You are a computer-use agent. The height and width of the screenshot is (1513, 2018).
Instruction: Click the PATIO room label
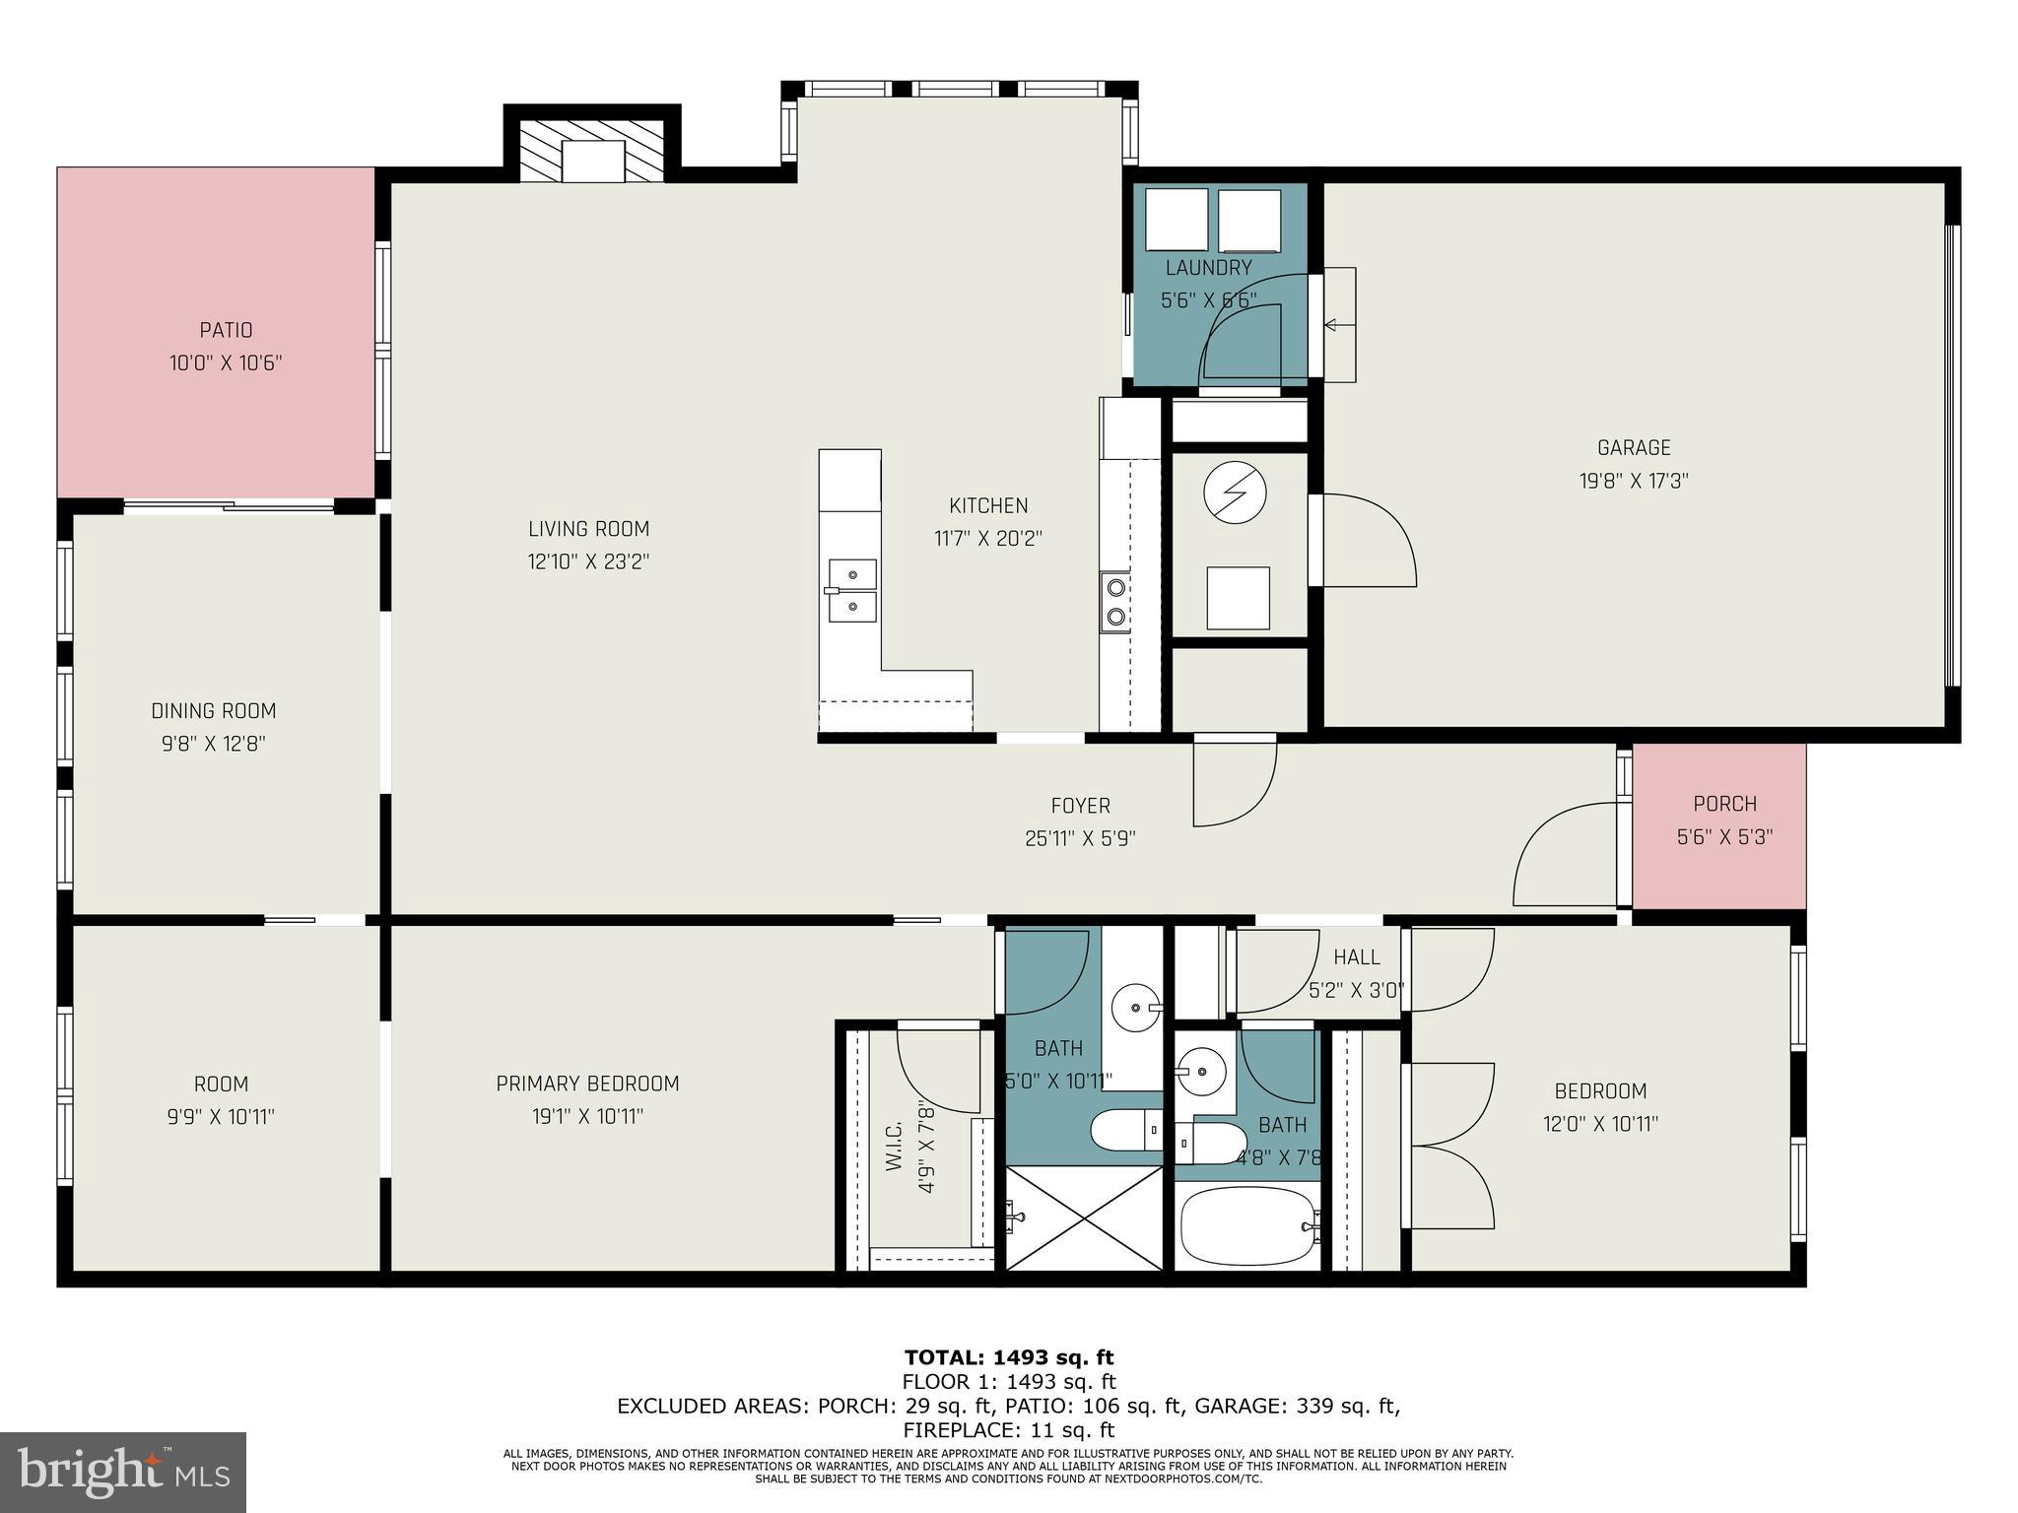226,330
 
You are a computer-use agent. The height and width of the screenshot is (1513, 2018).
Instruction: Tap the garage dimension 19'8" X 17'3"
1633,481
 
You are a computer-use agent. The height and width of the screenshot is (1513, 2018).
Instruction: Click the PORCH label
1724,804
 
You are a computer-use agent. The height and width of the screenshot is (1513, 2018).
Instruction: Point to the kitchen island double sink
852,590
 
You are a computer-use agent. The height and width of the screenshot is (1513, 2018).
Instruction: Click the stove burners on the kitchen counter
1116,602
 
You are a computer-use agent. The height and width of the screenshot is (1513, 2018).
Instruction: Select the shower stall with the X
1084,1218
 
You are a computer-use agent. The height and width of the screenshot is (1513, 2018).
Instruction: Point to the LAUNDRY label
1208,268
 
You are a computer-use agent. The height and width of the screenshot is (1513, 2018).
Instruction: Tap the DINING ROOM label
213,710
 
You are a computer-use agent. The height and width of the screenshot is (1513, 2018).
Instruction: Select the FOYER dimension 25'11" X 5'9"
1080,838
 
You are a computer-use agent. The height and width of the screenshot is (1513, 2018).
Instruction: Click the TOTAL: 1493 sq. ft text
1008,1357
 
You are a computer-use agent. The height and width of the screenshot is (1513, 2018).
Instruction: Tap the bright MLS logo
123,1472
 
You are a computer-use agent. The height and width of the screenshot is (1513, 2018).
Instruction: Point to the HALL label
1356,956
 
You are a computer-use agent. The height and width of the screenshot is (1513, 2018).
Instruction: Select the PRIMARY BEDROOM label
587,1084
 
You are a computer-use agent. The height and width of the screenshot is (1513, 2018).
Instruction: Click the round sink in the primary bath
1134,1008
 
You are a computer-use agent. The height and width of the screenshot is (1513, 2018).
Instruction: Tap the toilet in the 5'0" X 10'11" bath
1124,1129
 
